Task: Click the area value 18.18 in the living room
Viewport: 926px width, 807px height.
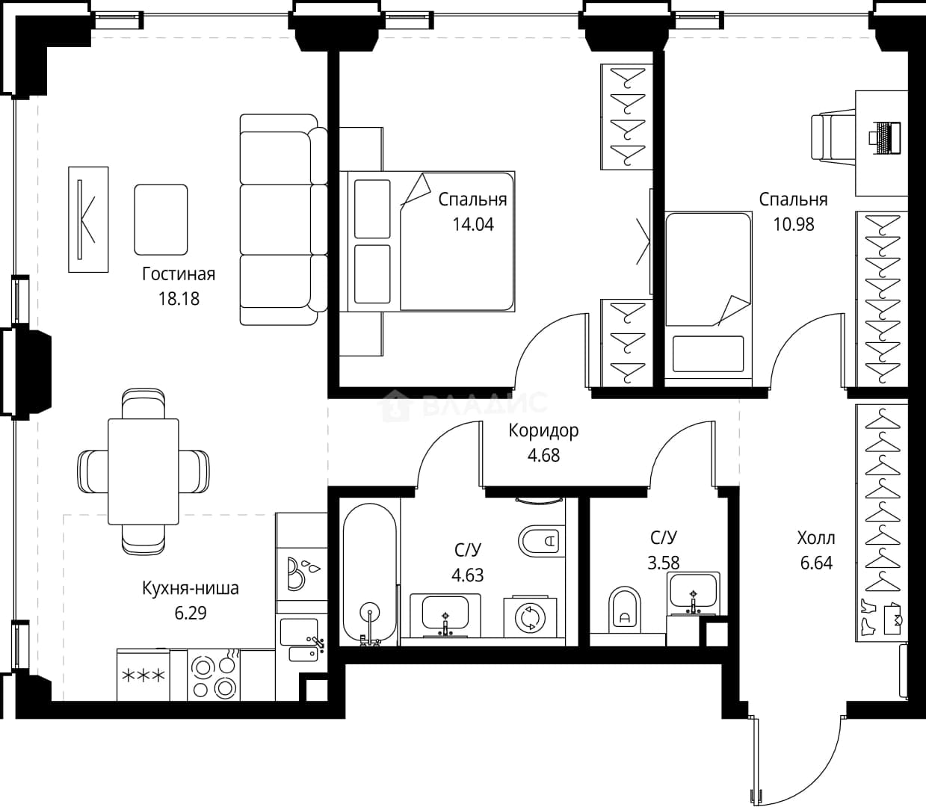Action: click(179, 299)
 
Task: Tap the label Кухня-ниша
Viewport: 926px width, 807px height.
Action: click(191, 589)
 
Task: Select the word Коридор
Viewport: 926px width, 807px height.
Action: click(543, 431)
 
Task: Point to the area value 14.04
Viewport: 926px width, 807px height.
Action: click(473, 224)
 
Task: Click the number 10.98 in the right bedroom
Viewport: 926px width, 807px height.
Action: click(794, 224)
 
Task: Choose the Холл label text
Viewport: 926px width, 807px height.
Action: click(816, 538)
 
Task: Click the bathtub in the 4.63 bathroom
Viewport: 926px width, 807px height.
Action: click(370, 574)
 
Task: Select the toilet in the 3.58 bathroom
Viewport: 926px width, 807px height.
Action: click(626, 610)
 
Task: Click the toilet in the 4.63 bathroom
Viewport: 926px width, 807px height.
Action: click(542, 541)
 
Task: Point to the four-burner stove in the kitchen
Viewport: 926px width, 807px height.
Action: click(214, 675)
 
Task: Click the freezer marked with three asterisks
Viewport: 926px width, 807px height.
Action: click(143, 675)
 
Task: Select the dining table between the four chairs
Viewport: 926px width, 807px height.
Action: click(143, 471)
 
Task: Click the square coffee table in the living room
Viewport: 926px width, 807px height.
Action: click(161, 220)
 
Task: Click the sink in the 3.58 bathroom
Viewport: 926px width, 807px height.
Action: click(693, 593)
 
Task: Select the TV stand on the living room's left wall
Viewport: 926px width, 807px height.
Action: click(88, 220)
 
